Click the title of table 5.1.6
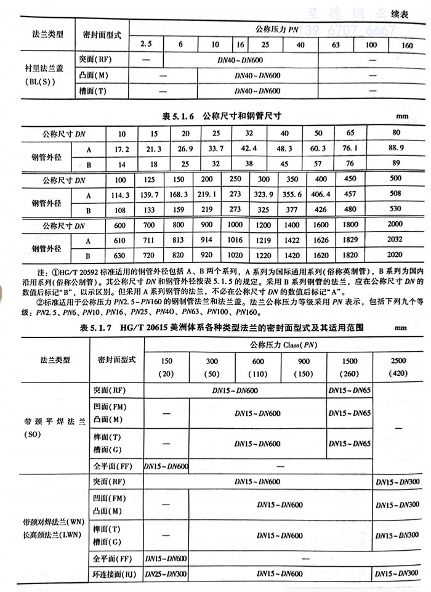pos(222,116)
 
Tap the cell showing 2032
pos(396,241)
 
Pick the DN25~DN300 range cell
pos(166,574)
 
